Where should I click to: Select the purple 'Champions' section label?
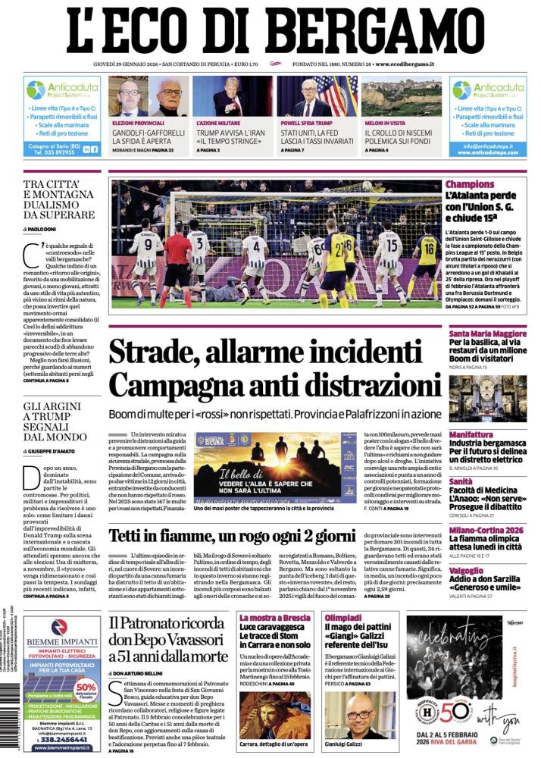coord(470,184)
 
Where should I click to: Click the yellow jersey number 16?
coord(427,250)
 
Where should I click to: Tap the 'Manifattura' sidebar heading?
coord(471,434)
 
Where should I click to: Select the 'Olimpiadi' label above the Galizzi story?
coord(343,618)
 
